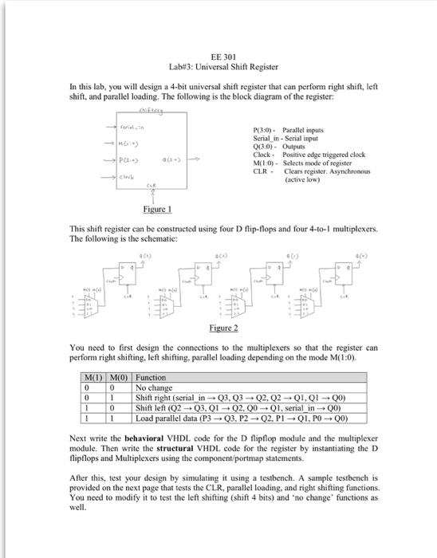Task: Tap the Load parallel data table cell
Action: coord(230,417)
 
